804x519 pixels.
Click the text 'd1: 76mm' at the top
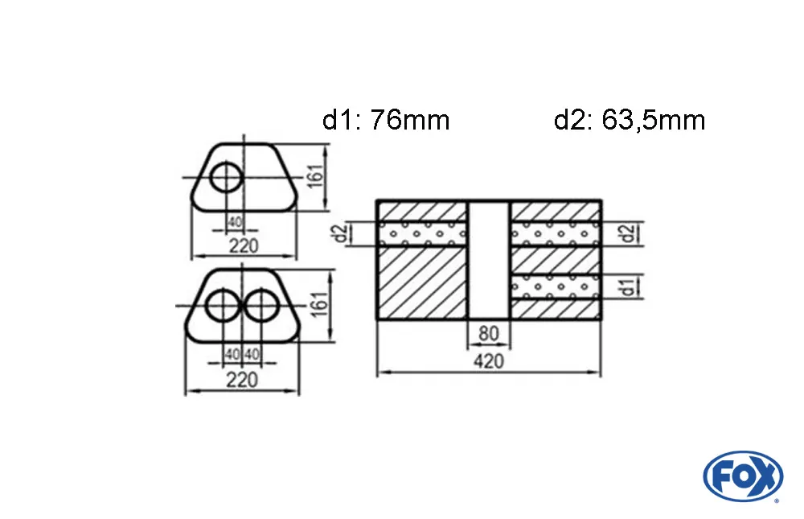(x=385, y=121)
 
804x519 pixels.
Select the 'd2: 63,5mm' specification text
(x=629, y=121)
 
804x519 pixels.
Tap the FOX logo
(x=742, y=476)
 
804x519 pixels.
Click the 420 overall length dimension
(x=488, y=361)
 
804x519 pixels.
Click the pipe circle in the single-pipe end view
(x=226, y=177)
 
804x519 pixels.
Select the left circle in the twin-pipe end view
(x=223, y=307)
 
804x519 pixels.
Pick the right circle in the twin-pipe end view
(x=262, y=307)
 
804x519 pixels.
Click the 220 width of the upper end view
(x=243, y=246)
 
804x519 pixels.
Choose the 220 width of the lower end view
(x=241, y=380)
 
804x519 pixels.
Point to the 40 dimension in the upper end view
(x=234, y=222)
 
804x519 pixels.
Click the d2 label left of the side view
(x=341, y=234)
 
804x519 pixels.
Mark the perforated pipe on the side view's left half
(x=422, y=233)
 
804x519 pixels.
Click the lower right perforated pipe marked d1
(x=555, y=286)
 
